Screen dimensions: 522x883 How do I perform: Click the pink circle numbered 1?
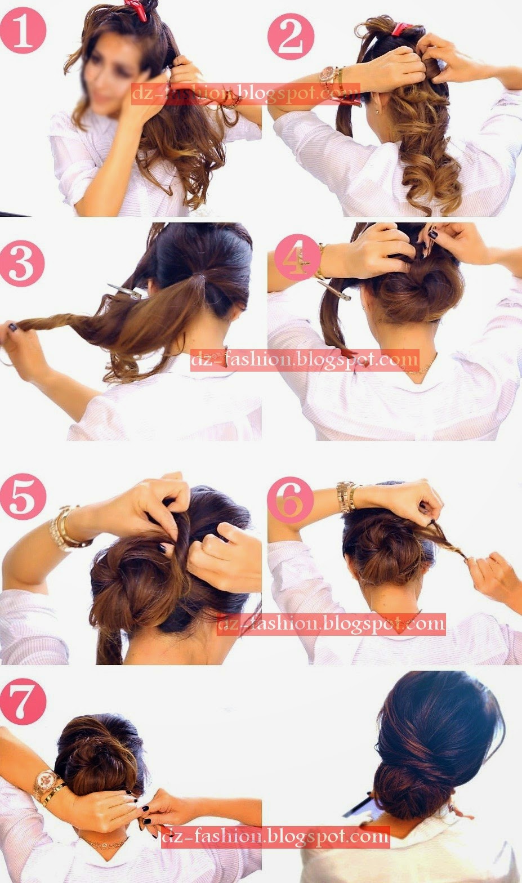(x=23, y=30)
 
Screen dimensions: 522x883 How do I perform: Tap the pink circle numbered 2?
(x=291, y=36)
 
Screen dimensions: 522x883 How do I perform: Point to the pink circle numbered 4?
(x=297, y=257)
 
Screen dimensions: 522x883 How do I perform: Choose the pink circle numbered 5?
(x=23, y=497)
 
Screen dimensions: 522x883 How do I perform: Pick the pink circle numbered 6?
(x=291, y=500)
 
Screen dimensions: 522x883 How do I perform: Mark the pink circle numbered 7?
(x=23, y=702)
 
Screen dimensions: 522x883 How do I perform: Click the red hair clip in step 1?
(x=139, y=10)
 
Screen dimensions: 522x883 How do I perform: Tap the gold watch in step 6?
(x=346, y=497)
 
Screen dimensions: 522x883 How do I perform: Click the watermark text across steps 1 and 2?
(x=245, y=94)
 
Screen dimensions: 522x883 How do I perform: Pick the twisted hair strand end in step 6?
(x=465, y=558)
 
